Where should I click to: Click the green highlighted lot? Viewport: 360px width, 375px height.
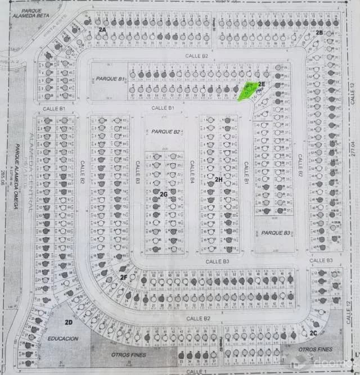(247, 91)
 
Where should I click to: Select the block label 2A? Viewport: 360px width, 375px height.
(102, 29)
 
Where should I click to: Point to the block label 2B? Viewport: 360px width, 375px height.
(319, 33)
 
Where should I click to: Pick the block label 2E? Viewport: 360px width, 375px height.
(262, 84)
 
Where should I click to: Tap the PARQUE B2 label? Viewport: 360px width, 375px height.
(165, 132)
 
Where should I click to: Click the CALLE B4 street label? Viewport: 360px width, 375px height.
(192, 173)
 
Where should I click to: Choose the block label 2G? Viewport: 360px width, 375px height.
(164, 195)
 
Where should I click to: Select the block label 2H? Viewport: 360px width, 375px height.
(218, 179)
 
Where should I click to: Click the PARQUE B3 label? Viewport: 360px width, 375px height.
(274, 233)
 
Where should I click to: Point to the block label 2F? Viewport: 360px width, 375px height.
(123, 277)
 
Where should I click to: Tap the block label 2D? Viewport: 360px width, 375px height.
(69, 322)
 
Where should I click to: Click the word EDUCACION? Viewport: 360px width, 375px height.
(62, 339)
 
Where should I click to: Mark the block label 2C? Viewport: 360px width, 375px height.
(313, 333)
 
